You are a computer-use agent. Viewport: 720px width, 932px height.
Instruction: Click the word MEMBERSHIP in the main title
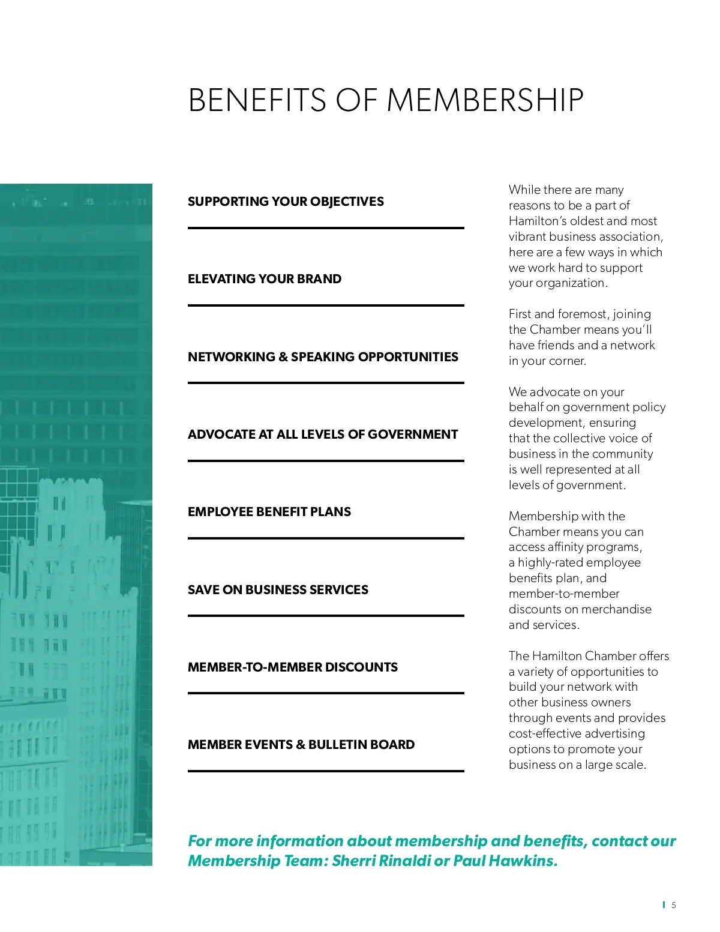click(x=485, y=100)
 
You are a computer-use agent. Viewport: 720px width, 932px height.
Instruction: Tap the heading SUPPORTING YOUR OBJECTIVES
click(x=286, y=202)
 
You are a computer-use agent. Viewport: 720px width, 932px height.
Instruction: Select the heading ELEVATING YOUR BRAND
click(x=265, y=279)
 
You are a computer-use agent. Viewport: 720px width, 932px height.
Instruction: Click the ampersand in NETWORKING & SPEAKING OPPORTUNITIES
click(x=283, y=357)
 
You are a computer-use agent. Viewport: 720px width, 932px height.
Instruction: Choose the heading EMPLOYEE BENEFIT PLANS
click(x=269, y=512)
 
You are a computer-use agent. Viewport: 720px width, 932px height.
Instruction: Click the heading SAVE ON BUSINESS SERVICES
click(x=278, y=590)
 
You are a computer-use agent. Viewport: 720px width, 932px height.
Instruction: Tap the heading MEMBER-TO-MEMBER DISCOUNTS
click(x=293, y=667)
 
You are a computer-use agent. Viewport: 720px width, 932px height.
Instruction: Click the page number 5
click(x=674, y=905)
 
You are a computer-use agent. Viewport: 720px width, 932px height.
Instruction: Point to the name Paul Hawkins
click(x=505, y=861)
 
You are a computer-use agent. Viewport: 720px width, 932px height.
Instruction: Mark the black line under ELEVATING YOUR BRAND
click(x=326, y=305)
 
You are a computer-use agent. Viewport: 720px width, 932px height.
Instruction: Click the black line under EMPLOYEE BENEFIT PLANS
click(x=326, y=538)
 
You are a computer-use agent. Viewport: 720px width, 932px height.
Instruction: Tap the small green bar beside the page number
click(x=664, y=904)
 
